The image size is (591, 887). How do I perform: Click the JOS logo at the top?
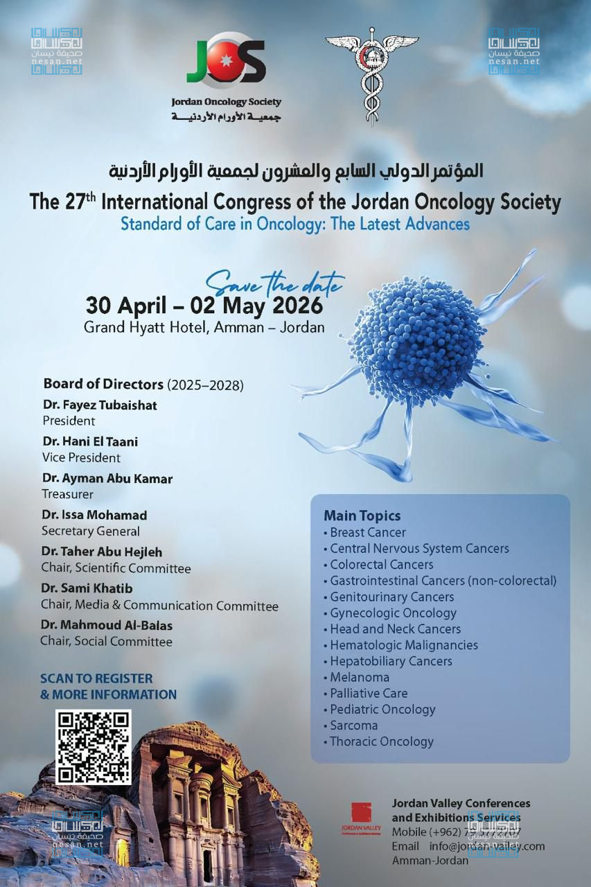click(x=226, y=60)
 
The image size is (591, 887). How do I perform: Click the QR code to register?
click(x=94, y=747)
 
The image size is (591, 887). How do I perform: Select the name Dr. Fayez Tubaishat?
click(x=100, y=405)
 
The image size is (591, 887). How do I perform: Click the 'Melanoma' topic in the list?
click(x=360, y=677)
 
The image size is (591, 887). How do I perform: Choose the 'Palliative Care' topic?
click(x=369, y=693)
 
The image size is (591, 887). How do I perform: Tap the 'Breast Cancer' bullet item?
click(x=368, y=532)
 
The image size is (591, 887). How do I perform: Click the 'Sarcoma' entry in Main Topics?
click(x=353, y=726)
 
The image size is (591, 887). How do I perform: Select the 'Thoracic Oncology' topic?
click(x=382, y=741)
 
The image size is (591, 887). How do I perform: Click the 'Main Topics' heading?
click(x=362, y=516)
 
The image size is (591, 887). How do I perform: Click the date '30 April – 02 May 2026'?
click(x=204, y=305)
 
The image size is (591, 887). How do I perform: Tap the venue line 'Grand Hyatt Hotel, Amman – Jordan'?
click(x=204, y=326)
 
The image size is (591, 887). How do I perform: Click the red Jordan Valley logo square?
click(x=361, y=813)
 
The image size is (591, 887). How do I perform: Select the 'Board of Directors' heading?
click(x=103, y=384)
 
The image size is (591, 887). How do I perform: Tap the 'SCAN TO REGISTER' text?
click(x=96, y=678)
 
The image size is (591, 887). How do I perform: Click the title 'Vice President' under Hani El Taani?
click(x=81, y=457)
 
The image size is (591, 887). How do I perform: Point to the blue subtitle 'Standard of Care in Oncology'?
click(x=295, y=224)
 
